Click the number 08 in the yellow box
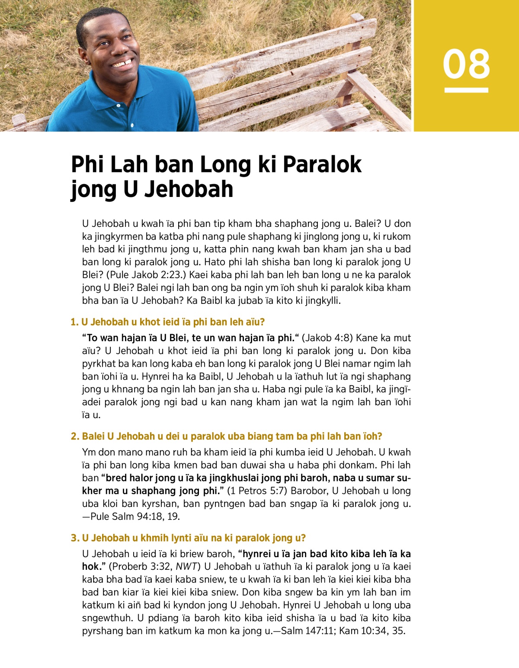[466, 64]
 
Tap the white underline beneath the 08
[466, 90]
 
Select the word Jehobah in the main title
[190, 189]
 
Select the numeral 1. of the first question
[74, 322]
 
